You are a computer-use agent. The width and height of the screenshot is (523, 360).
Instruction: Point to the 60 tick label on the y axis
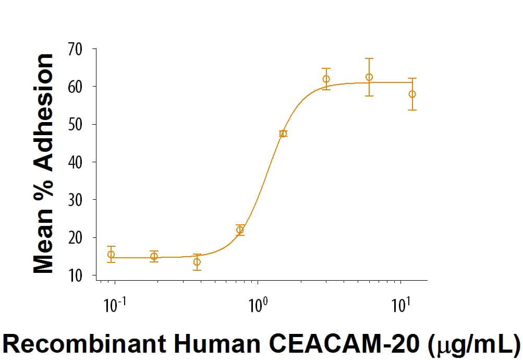[x=76, y=87]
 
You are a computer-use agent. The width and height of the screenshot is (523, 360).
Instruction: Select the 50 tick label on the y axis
[x=76, y=125]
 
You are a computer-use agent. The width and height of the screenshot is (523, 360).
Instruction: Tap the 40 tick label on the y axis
[x=76, y=162]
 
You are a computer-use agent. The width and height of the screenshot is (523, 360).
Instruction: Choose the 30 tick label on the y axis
[x=76, y=200]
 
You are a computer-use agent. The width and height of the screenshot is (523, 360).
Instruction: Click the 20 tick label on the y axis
[x=76, y=238]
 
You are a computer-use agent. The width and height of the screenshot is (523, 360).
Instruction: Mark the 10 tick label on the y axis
[x=76, y=275]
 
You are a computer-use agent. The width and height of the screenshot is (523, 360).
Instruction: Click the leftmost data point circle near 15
[x=111, y=255]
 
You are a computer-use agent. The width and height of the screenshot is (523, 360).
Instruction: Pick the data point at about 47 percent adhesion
[x=283, y=134]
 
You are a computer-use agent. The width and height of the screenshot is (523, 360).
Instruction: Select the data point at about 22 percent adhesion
[x=240, y=230]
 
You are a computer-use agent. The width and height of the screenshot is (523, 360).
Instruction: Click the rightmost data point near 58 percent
[x=412, y=94]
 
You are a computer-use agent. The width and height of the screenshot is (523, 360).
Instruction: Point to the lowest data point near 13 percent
[x=197, y=262]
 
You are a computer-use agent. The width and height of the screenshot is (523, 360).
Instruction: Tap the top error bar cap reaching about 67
[x=369, y=59]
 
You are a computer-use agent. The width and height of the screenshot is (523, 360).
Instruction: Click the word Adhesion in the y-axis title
[x=44, y=113]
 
